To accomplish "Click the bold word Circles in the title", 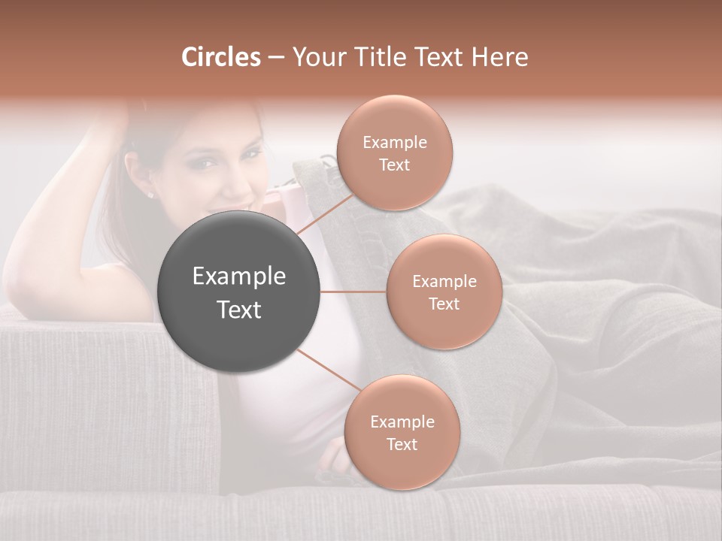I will (x=220, y=57).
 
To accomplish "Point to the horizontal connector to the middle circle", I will (x=353, y=292).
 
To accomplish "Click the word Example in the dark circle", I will (x=239, y=277).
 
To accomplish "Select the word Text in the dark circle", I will (x=239, y=310).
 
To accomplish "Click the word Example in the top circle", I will (x=395, y=143).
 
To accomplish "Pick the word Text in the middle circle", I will (x=444, y=304).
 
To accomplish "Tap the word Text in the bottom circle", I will (x=402, y=444).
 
